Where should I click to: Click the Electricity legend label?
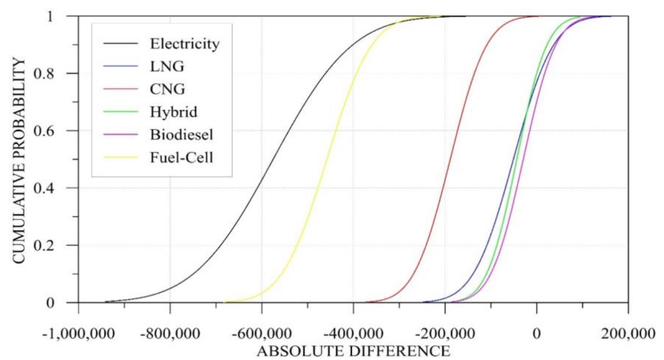click(185, 43)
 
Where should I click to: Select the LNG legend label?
click(167, 66)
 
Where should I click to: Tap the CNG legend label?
click(167, 89)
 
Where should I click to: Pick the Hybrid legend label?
click(174, 112)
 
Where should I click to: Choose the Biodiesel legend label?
click(181, 134)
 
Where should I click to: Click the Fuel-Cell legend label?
click(181, 157)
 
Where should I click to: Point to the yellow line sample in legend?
click(121, 157)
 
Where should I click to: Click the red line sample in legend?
click(121, 89)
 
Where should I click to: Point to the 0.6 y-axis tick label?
click(44, 131)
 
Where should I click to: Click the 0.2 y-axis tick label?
click(44, 246)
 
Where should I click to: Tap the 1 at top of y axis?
click(50, 16)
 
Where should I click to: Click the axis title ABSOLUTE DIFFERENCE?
click(353, 351)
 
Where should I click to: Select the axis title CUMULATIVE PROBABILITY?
click(19, 161)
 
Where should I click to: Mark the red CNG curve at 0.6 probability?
click(457, 130)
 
